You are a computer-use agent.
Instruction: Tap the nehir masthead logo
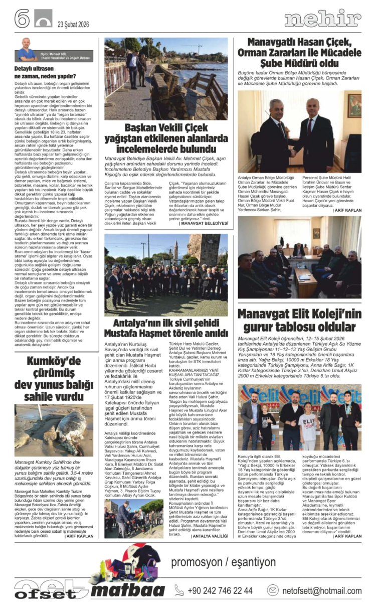322,20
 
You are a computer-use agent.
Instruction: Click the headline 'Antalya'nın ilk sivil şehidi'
166,328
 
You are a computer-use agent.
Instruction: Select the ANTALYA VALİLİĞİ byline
210,536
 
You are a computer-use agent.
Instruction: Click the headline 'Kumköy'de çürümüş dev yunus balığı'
54,378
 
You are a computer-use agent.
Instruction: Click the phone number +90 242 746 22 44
214,590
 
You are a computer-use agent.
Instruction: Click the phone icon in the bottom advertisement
179,590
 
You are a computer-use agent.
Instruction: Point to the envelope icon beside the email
273,590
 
